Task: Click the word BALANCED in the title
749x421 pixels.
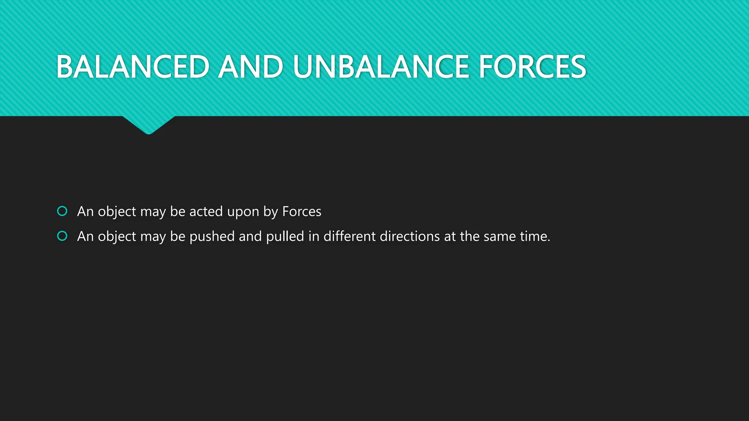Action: tap(133, 67)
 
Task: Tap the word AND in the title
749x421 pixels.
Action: tap(251, 67)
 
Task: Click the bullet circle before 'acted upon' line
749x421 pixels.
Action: tap(63, 211)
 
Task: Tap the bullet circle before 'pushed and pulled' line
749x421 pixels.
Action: tap(63, 236)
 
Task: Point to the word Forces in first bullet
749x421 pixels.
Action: tap(302, 212)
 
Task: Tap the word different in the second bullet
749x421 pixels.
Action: tap(349, 236)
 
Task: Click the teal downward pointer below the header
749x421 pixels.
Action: tap(148, 125)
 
